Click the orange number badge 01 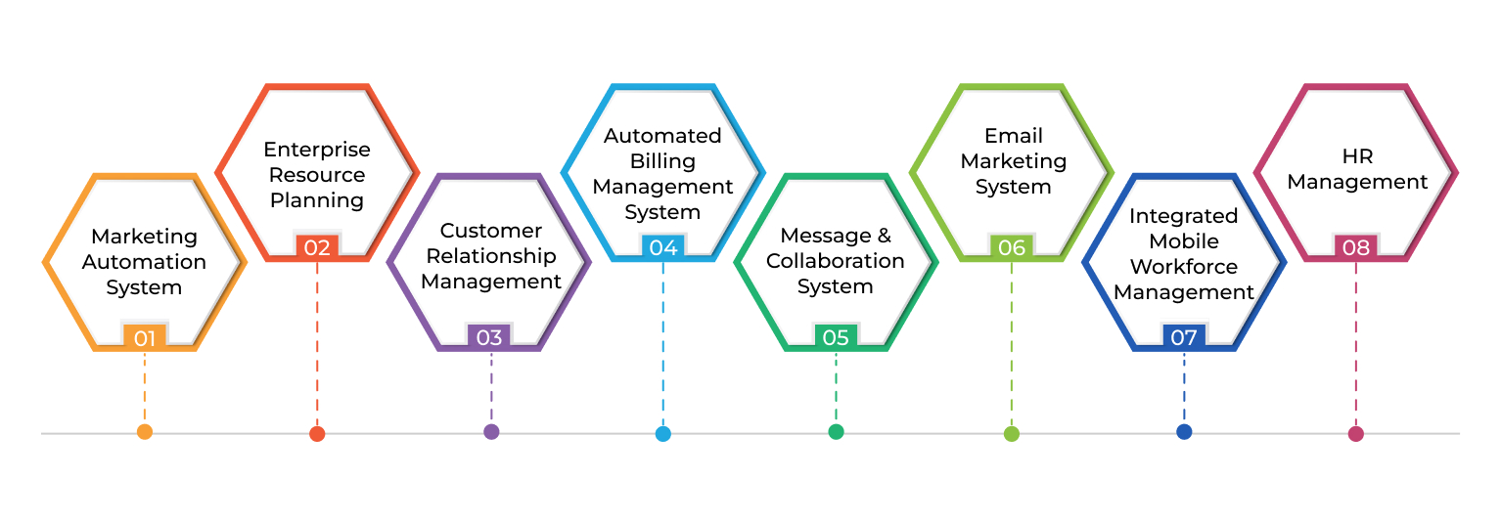pyautogui.click(x=145, y=338)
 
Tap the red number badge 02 pyautogui.click(x=317, y=248)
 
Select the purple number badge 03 pyautogui.click(x=489, y=338)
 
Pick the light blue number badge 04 pyautogui.click(x=662, y=248)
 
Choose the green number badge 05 pyautogui.click(x=836, y=338)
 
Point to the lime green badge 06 pyautogui.click(x=1011, y=248)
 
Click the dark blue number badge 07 pyautogui.click(x=1184, y=338)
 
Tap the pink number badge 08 pyautogui.click(x=1356, y=248)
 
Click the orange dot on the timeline pyautogui.click(x=145, y=432)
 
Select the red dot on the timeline pyautogui.click(x=317, y=434)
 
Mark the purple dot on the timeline pyautogui.click(x=491, y=432)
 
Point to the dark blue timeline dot pyautogui.click(x=1184, y=432)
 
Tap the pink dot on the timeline pyautogui.click(x=1355, y=434)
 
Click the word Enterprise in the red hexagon pyautogui.click(x=317, y=150)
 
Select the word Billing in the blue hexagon pyautogui.click(x=662, y=161)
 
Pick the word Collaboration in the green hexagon pyautogui.click(x=835, y=261)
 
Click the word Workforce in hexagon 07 pyautogui.click(x=1183, y=267)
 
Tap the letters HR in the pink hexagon pyautogui.click(x=1356, y=156)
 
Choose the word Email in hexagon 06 pyautogui.click(x=1013, y=136)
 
